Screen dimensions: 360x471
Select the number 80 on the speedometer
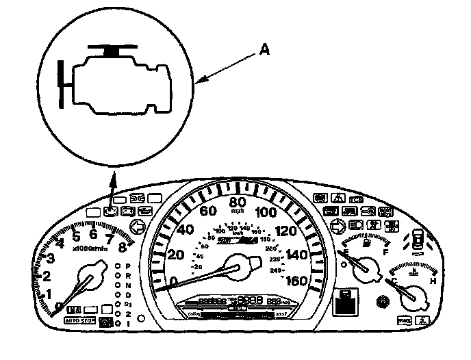238,203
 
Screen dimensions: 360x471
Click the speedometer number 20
175,255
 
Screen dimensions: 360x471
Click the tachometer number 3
51,258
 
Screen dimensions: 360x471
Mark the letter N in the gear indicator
128,284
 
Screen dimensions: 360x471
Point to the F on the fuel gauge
385,252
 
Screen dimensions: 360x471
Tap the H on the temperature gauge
433,281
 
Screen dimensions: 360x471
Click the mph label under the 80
238,211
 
